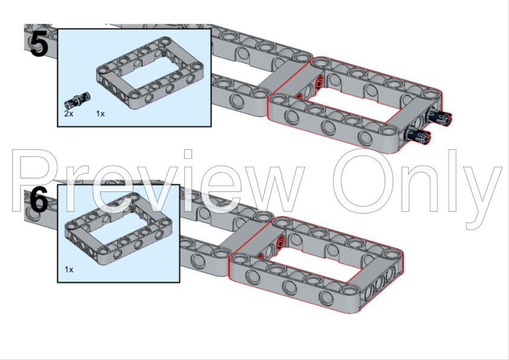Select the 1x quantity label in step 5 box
tap(100, 113)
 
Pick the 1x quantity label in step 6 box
tap(70, 269)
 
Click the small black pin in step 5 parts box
tap(78, 97)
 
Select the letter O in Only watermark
tap(365, 181)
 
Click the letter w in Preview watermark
tap(272, 187)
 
